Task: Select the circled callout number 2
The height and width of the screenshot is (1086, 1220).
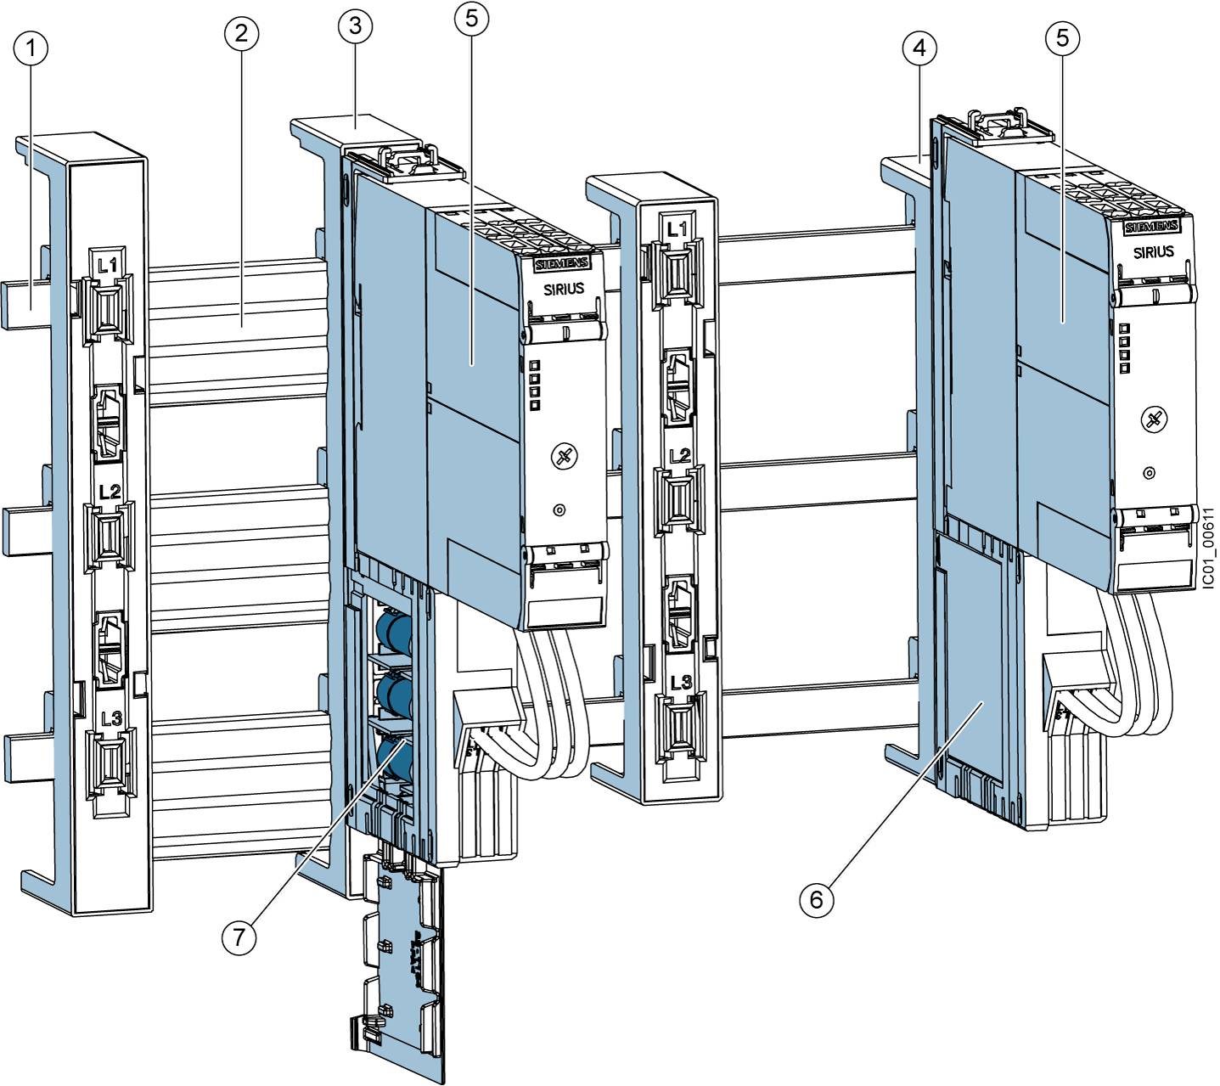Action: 242,34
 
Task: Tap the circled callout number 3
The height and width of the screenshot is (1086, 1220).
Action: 355,26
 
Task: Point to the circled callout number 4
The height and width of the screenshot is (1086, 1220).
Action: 919,50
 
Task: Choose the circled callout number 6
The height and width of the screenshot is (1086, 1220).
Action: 817,898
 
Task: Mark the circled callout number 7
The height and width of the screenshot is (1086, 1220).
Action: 239,937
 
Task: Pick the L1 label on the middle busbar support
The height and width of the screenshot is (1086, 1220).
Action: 677,229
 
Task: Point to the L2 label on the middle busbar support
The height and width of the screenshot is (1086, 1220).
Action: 679,455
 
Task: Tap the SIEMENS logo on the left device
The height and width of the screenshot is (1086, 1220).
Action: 559,266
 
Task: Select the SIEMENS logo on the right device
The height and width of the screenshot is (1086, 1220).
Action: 1150,228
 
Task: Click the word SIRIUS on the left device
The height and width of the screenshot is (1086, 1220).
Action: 564,289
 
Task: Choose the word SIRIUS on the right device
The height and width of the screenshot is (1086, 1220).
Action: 1154,251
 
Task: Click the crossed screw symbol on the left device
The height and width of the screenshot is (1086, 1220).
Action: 561,459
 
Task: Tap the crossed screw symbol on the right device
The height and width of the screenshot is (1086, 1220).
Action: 1152,419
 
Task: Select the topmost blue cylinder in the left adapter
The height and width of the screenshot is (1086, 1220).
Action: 393,633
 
